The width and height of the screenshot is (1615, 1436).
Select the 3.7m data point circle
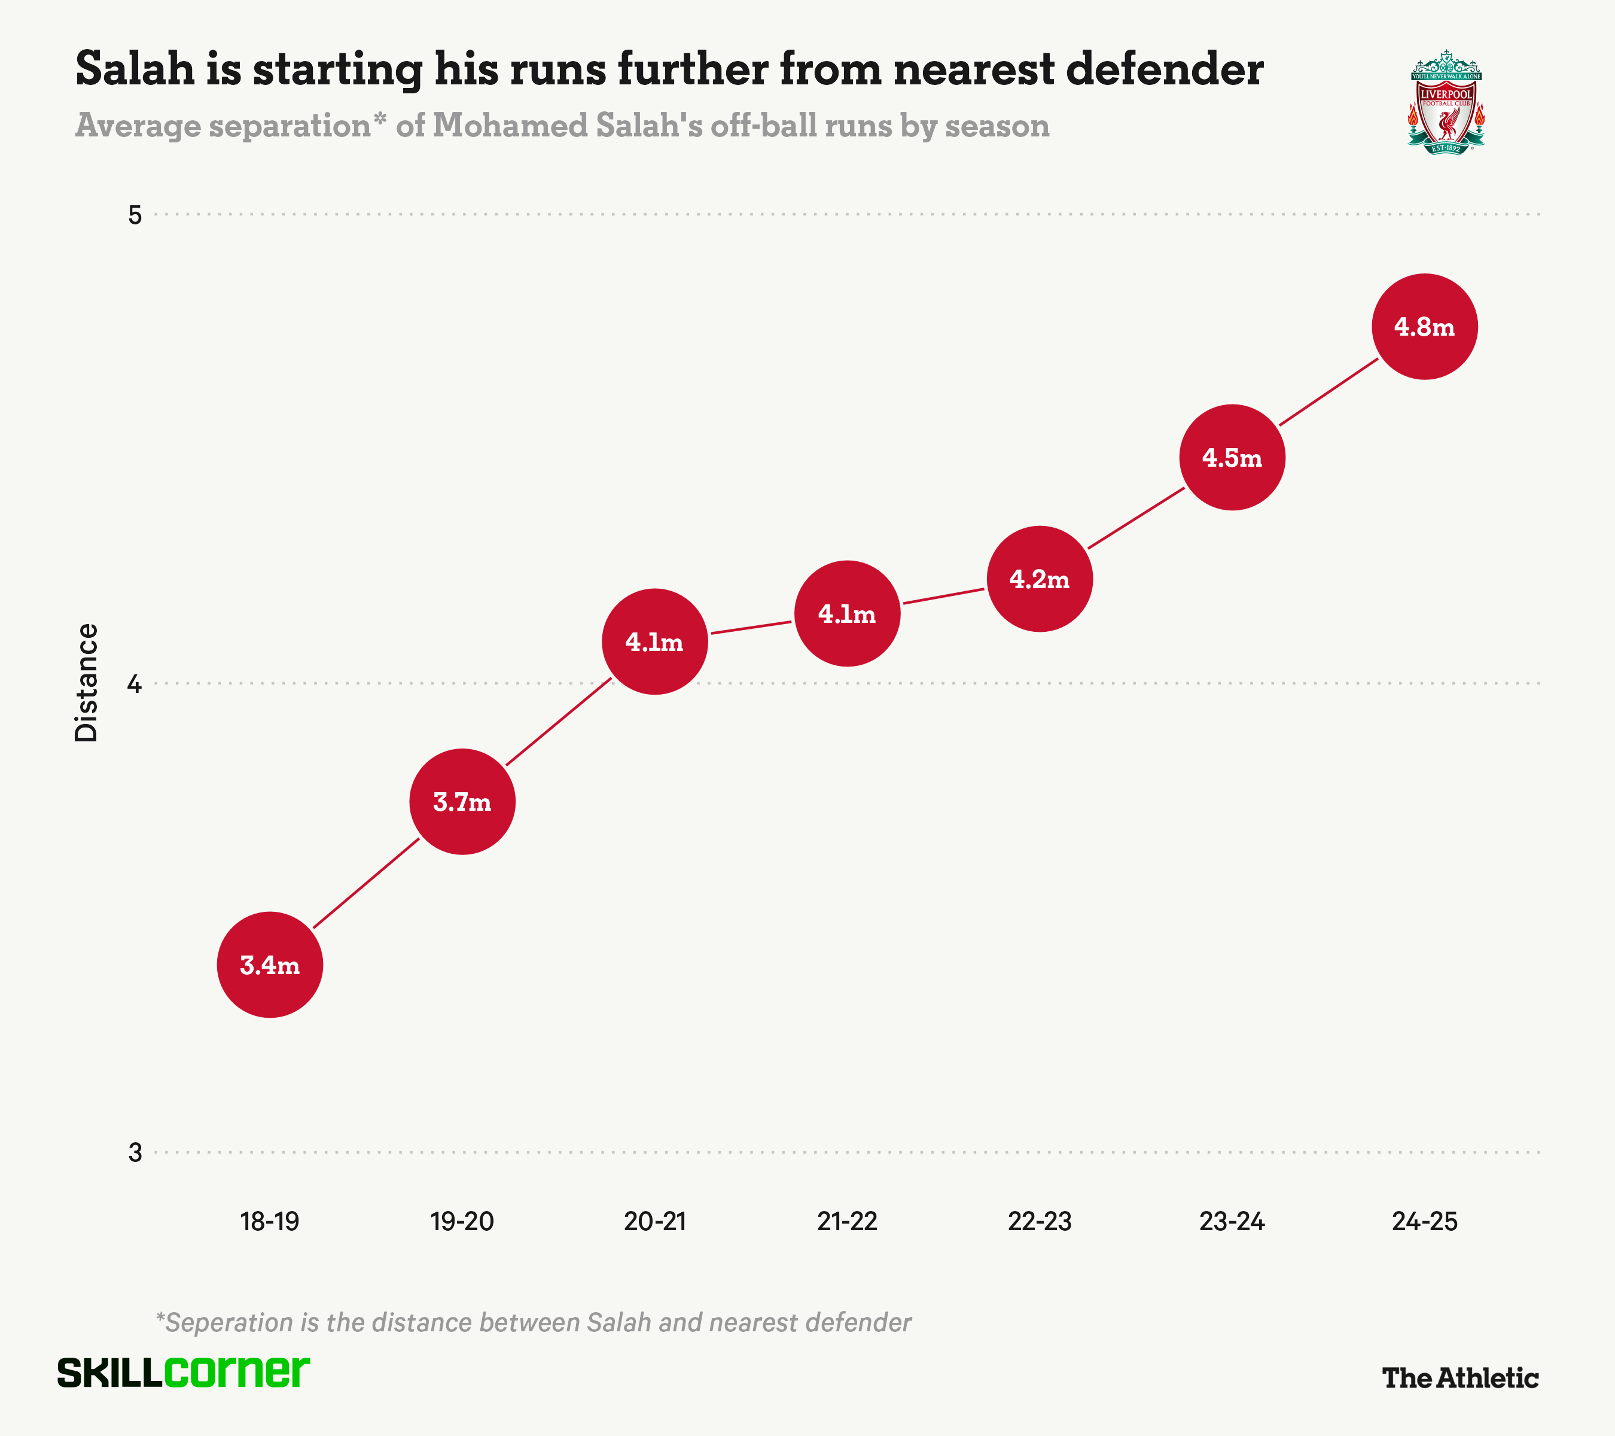tap(462, 801)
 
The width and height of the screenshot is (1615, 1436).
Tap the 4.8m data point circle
tap(1424, 327)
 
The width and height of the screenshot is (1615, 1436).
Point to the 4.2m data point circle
tap(1039, 579)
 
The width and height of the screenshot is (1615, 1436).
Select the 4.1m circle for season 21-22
tap(847, 613)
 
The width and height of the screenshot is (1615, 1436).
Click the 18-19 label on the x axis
tap(269, 1221)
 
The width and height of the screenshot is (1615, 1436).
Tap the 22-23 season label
tap(1039, 1221)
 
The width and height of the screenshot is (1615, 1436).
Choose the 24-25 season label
tap(1424, 1221)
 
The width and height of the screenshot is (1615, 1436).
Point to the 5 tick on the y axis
tap(135, 214)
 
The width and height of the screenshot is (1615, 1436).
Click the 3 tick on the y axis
tap(135, 1152)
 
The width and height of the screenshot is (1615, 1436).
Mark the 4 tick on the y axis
tap(135, 683)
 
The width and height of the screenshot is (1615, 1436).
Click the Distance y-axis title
tap(86, 682)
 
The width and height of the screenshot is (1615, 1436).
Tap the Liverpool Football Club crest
tap(1446, 103)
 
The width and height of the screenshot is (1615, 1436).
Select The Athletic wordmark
tap(1459, 1377)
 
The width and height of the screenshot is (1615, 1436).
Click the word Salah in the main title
tap(135, 69)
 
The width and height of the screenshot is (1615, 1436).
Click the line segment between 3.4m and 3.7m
tap(366, 883)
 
